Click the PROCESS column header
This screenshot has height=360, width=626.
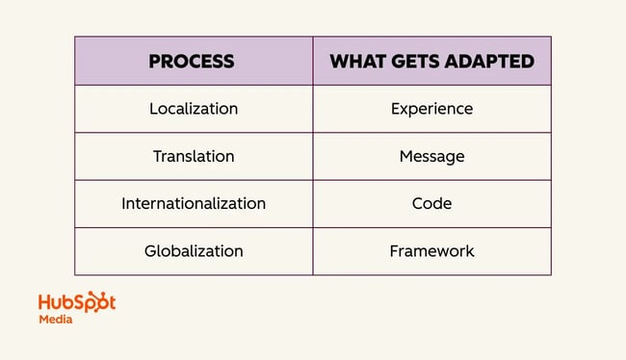coord(193,62)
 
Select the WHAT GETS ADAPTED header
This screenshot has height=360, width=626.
coord(431,62)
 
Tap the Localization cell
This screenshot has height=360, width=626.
coord(193,109)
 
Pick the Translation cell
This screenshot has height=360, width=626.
coord(193,156)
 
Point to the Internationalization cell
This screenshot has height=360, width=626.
coord(193,203)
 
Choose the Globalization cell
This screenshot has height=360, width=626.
coord(193,251)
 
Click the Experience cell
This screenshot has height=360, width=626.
coord(431,109)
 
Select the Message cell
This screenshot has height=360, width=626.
coord(431,156)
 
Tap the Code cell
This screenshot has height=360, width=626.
coord(431,203)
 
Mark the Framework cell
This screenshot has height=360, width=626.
coord(431,251)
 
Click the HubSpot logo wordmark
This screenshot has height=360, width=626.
coord(76,301)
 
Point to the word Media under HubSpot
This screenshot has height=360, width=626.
coord(55,320)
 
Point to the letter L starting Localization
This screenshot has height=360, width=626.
coord(153,109)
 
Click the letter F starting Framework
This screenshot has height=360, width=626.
coord(394,251)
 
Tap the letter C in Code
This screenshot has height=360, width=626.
coord(415,203)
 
